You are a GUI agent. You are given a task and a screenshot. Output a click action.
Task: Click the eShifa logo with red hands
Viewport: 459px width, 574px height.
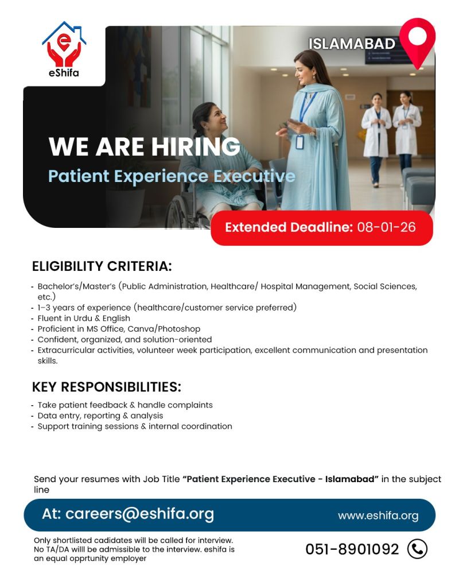pyautogui.click(x=64, y=49)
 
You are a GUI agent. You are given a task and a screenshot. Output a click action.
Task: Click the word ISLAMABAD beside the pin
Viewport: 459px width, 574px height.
pyautogui.click(x=352, y=44)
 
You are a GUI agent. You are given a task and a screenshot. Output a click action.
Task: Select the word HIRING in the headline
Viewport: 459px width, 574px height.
pyautogui.click(x=196, y=146)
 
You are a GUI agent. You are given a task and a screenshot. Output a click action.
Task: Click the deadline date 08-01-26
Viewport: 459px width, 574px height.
pyautogui.click(x=387, y=227)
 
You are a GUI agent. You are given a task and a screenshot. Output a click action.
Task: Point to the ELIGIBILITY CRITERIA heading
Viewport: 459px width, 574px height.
pyautogui.click(x=102, y=266)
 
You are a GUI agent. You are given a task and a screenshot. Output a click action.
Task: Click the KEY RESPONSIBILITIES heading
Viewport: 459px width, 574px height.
pyautogui.click(x=107, y=387)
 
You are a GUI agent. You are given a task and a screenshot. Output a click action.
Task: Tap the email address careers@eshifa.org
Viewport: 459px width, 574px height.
pyautogui.click(x=139, y=514)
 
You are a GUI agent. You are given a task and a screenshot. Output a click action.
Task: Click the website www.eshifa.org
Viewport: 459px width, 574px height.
pyautogui.click(x=378, y=516)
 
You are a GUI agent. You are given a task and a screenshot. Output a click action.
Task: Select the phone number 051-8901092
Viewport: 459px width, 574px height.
pyautogui.click(x=352, y=549)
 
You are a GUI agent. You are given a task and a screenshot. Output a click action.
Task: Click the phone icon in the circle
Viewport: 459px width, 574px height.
pyautogui.click(x=417, y=549)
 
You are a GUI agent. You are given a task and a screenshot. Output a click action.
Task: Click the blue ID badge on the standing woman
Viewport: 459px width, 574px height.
pyautogui.click(x=299, y=142)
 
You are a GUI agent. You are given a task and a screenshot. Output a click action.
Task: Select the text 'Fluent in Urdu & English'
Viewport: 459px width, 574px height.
pyautogui.click(x=84, y=319)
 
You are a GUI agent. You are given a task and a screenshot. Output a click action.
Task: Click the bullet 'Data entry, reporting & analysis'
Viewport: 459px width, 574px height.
pyautogui.click(x=100, y=416)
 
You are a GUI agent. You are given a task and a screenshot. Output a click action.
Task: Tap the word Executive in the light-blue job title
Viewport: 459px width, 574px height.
pyautogui.click(x=254, y=176)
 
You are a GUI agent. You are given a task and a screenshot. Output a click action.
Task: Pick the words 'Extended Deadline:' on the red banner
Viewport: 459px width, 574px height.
pyautogui.click(x=289, y=227)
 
